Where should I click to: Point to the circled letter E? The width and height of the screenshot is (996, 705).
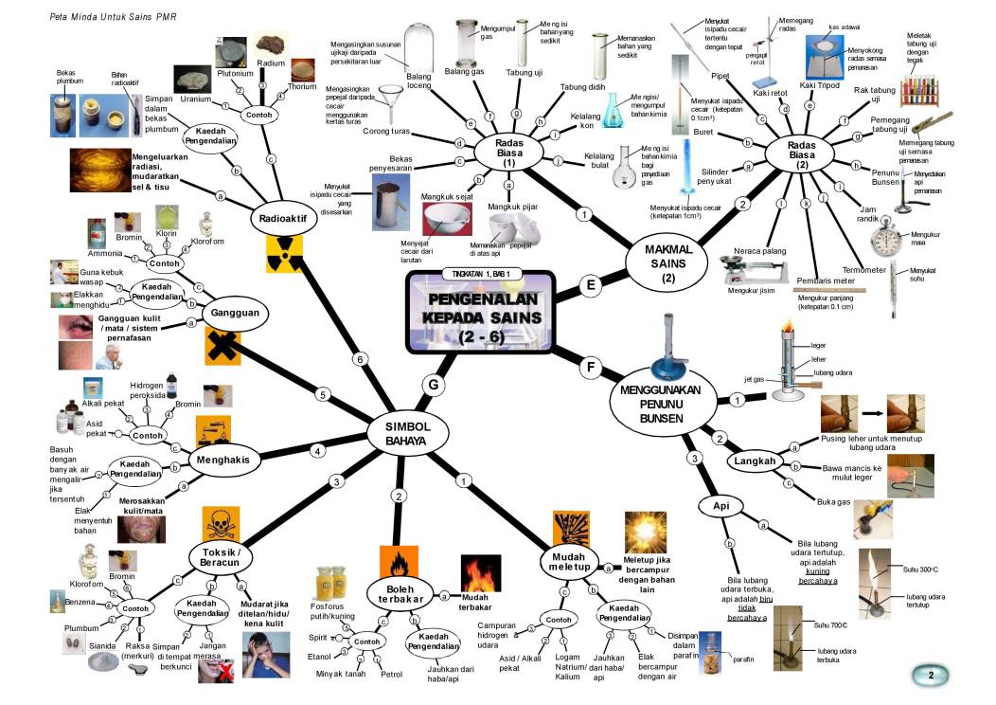tap(591, 285)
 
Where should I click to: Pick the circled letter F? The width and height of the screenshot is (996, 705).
tap(592, 368)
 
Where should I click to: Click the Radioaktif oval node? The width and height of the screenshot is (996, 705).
tap(281, 220)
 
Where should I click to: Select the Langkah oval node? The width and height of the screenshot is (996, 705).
tap(756, 461)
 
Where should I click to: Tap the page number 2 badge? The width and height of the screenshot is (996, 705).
tap(931, 676)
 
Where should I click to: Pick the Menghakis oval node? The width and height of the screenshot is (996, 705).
tap(222, 460)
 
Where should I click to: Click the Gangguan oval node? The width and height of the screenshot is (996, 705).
tap(236, 313)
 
